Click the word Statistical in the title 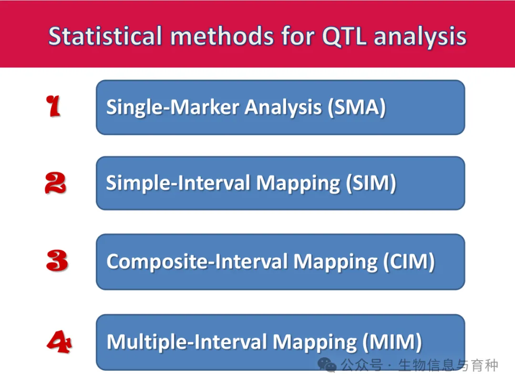click(105, 36)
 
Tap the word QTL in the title click(345, 37)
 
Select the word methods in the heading click(222, 36)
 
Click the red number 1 click(53, 106)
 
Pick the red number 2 click(55, 183)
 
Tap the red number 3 click(57, 261)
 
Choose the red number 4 click(59, 342)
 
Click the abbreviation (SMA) click(357, 107)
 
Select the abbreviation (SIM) click(371, 183)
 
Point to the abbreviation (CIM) click(409, 262)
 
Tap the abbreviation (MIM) click(392, 342)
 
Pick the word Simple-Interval click(178, 183)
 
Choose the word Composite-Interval click(197, 262)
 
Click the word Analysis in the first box click(283, 108)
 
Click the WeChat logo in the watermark click(327, 365)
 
